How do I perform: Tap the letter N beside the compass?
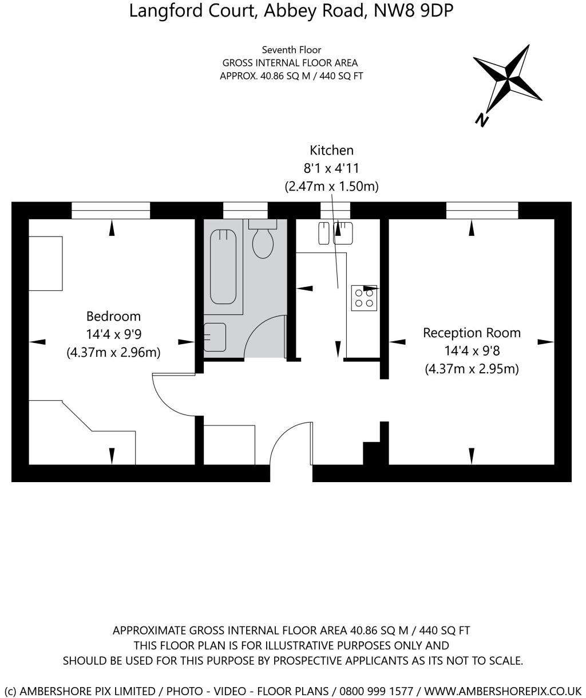click(x=482, y=119)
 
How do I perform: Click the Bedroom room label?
click(x=113, y=316)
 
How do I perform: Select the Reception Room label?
click(x=472, y=333)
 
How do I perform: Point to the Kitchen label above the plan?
click(x=331, y=151)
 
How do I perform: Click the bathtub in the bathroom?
click(x=223, y=266)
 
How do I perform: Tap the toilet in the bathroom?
click(x=263, y=240)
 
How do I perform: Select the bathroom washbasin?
click(x=215, y=337)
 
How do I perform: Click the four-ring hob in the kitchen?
click(x=364, y=297)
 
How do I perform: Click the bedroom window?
click(x=110, y=211)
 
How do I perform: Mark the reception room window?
click(x=482, y=211)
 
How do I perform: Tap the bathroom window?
click(x=245, y=211)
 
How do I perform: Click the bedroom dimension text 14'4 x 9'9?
click(x=113, y=334)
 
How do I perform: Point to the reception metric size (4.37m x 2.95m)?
click(x=472, y=369)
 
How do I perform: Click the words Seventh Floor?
click(x=291, y=50)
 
